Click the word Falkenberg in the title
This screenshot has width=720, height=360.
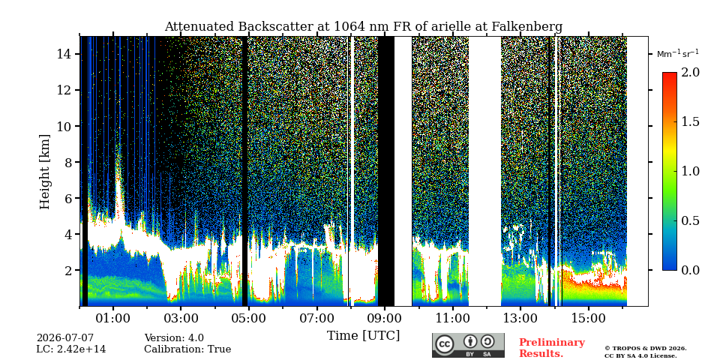coord(526,27)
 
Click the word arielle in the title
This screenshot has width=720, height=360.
coord(453,27)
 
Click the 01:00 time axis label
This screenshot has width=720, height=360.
coord(114,318)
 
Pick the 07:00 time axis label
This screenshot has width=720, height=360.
coord(316,318)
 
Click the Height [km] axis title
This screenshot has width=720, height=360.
coord(44,171)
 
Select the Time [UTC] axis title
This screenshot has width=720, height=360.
coord(363,336)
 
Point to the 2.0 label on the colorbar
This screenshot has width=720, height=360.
coord(690,72)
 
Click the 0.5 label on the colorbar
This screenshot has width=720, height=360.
coord(690,220)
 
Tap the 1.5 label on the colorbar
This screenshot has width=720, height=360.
coord(690,121)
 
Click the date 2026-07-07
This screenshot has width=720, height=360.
coord(65,338)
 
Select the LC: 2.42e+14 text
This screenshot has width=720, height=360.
coord(71,349)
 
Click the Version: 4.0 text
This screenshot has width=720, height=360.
coord(174,338)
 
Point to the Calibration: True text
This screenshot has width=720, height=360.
coord(187,349)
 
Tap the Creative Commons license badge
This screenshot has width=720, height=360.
coord(468,345)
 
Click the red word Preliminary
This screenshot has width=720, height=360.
coord(552,343)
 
